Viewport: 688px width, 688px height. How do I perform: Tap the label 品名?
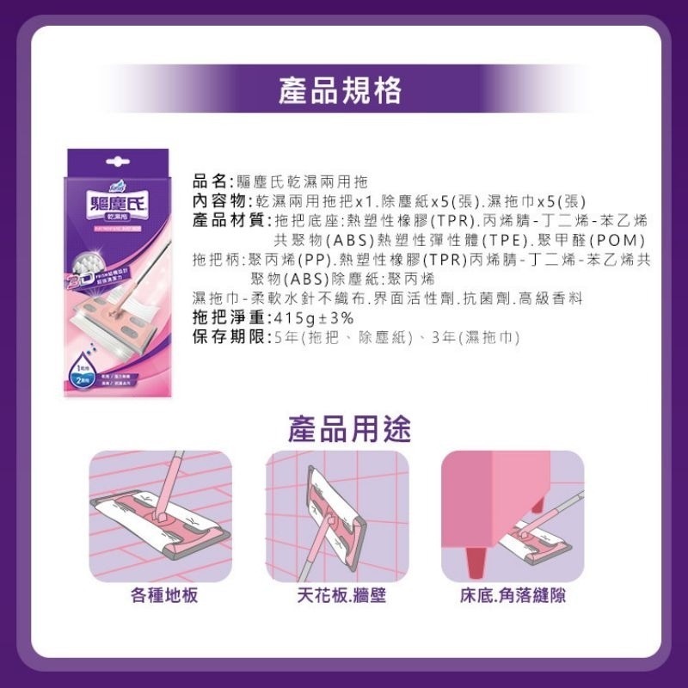[x=209, y=182]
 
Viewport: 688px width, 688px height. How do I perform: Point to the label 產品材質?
[x=226, y=221]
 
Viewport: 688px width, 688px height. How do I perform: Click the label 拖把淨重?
[x=226, y=317]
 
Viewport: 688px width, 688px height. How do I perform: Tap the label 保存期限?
[x=226, y=336]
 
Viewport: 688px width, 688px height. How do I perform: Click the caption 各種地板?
[x=163, y=595]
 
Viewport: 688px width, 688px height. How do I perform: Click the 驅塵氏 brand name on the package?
[x=114, y=209]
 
